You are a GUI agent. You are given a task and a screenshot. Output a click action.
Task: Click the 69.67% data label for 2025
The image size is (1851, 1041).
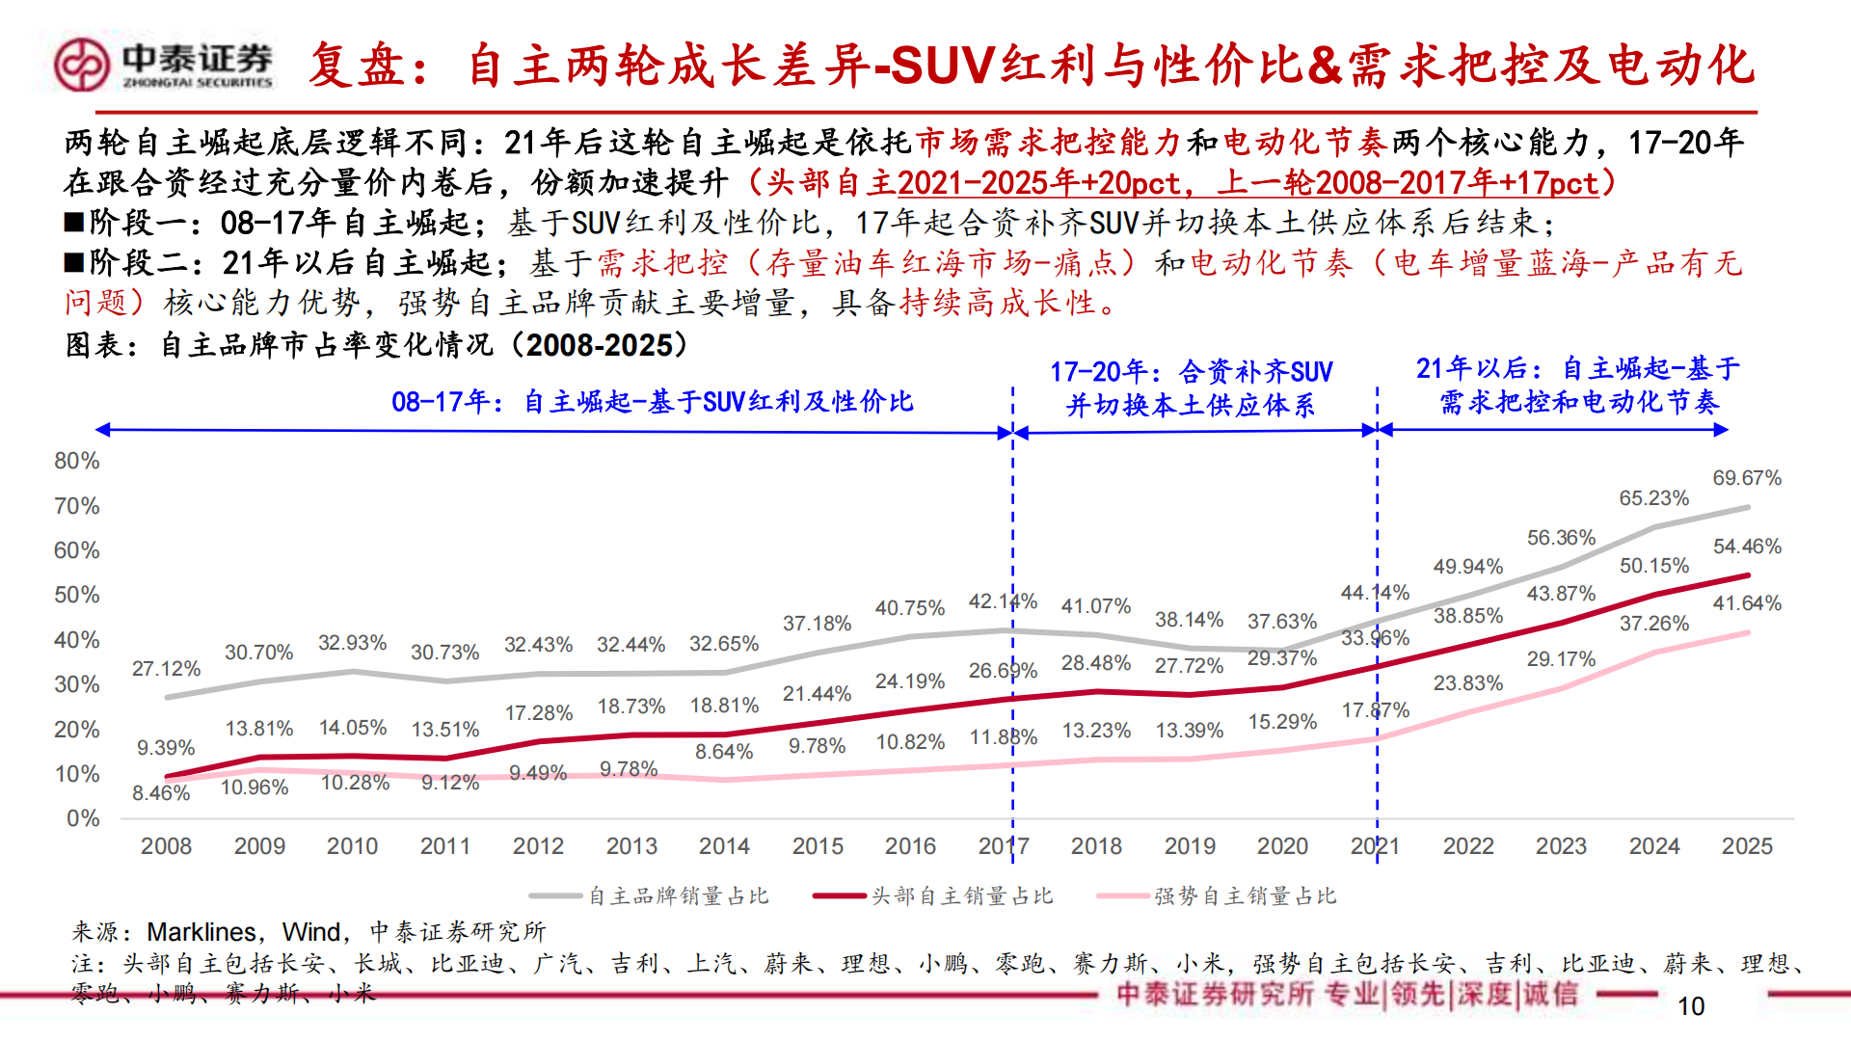click(1746, 478)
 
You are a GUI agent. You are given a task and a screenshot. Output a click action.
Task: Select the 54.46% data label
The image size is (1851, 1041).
click(1746, 547)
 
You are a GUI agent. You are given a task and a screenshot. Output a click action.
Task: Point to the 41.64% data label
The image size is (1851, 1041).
click(1746, 603)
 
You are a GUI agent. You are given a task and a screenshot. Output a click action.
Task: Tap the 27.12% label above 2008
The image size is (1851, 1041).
click(166, 669)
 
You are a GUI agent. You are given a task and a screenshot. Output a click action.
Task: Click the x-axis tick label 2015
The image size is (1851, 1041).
click(818, 846)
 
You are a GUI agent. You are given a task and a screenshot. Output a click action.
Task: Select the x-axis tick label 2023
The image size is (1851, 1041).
click(1561, 846)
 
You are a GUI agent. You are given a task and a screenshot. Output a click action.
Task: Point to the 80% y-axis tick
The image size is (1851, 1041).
click(77, 461)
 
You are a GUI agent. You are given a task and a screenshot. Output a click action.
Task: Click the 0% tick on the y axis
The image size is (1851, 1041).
click(83, 818)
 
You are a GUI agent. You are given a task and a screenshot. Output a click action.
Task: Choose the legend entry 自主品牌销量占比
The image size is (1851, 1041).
click(678, 896)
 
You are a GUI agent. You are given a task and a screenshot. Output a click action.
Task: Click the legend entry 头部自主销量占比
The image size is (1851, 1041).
click(961, 896)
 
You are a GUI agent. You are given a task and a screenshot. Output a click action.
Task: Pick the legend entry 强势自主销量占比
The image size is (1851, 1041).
click(1245, 896)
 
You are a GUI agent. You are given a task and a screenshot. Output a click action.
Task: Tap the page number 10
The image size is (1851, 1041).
click(1691, 1006)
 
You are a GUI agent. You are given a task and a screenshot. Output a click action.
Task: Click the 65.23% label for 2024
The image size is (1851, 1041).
click(1653, 498)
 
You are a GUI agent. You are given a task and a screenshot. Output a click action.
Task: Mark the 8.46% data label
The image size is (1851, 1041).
click(161, 793)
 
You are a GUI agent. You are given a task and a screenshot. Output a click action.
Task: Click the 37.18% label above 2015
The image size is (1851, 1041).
click(817, 624)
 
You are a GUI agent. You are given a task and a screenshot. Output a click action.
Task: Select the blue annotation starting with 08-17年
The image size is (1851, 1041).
click(652, 402)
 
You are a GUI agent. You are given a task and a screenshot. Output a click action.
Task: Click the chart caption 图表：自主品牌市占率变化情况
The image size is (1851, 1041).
click(376, 345)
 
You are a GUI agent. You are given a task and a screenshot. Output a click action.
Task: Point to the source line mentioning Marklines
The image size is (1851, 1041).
click(308, 932)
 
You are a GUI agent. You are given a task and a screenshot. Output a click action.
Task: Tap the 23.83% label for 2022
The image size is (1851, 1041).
click(1467, 683)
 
